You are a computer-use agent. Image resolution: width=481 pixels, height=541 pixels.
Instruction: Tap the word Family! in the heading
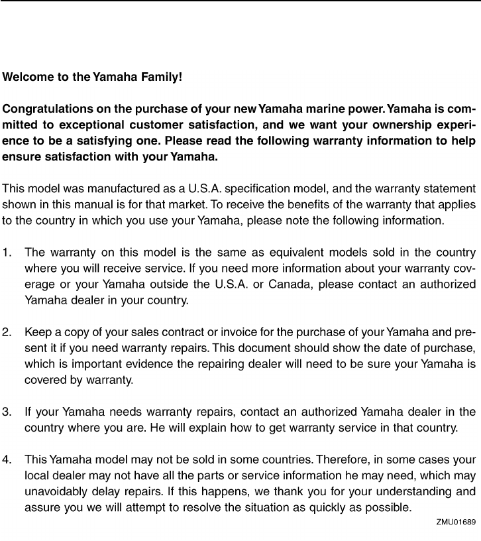[x=158, y=77]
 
